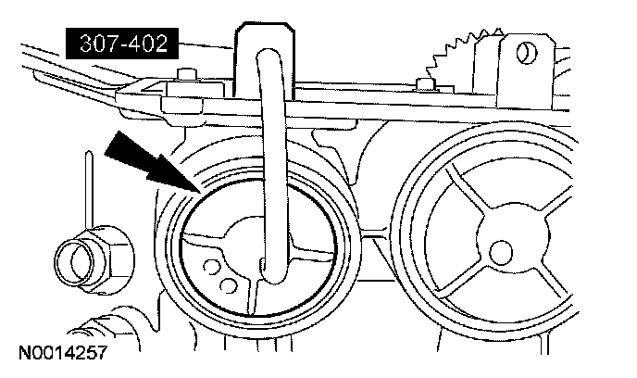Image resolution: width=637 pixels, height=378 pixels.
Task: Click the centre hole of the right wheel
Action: click(x=501, y=248)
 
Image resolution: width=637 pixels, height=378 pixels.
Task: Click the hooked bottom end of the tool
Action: click(x=271, y=274)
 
